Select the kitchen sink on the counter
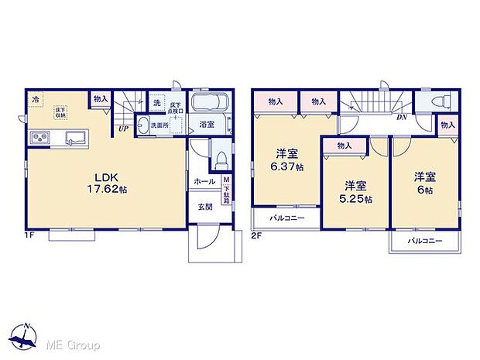tap(75, 138)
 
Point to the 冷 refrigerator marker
tap(36, 99)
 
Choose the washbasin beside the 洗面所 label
tap(144, 125)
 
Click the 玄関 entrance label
tap(204, 207)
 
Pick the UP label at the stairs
tap(123, 129)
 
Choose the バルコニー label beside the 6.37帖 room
tap(286, 218)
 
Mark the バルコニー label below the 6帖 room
tap(424, 241)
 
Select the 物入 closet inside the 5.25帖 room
tap(345, 145)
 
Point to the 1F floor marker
tap(29, 232)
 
